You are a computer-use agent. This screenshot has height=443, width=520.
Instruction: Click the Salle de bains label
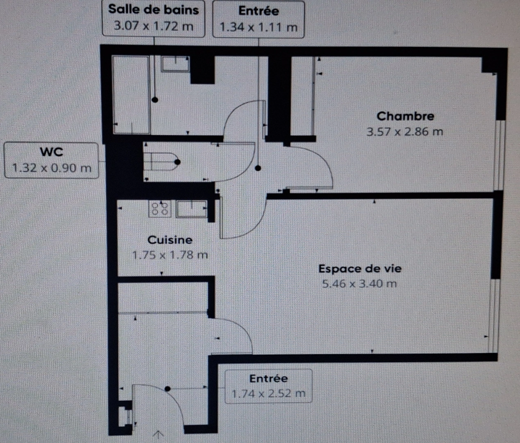point(153,10)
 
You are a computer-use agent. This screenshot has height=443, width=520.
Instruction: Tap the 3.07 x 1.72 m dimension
point(153,26)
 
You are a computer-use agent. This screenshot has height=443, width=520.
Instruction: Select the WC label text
point(52,152)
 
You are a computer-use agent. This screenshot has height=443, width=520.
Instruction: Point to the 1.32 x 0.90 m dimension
point(52,168)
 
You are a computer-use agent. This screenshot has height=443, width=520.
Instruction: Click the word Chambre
point(405,116)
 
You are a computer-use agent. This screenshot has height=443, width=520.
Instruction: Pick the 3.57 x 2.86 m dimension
point(405,132)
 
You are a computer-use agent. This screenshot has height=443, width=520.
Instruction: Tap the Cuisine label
point(170,240)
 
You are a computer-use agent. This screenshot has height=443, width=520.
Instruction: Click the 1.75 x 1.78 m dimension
point(170,255)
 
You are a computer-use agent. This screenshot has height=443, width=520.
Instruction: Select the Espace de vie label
point(360,269)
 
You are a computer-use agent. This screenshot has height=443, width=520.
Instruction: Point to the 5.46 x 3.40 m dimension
point(359,284)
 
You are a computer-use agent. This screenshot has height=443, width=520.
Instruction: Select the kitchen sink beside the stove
point(192,208)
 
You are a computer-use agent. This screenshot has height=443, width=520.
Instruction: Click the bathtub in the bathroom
point(131,94)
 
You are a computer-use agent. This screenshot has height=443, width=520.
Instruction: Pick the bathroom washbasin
point(175,64)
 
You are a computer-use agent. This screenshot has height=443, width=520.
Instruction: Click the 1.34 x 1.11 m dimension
point(258,27)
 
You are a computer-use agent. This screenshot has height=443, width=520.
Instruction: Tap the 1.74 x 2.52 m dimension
point(268,394)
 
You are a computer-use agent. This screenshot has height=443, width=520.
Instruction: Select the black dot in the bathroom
point(155,100)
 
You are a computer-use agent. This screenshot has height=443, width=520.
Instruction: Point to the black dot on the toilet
point(177,162)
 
